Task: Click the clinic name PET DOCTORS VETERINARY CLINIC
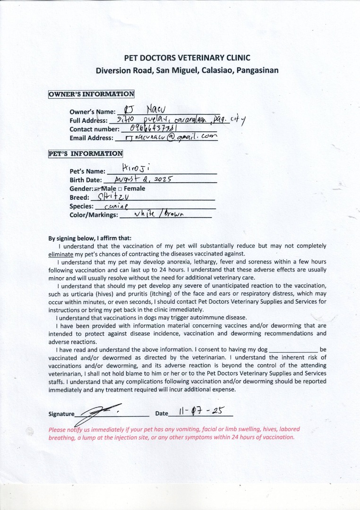point(187,58)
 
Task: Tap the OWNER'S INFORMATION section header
point(91,94)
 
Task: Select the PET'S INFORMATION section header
point(86,153)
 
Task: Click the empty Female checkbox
point(120,189)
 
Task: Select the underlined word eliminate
point(60,254)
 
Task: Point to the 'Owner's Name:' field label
point(92,112)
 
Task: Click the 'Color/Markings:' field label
point(94,215)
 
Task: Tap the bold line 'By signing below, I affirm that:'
point(90,238)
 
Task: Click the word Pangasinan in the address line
point(256,71)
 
